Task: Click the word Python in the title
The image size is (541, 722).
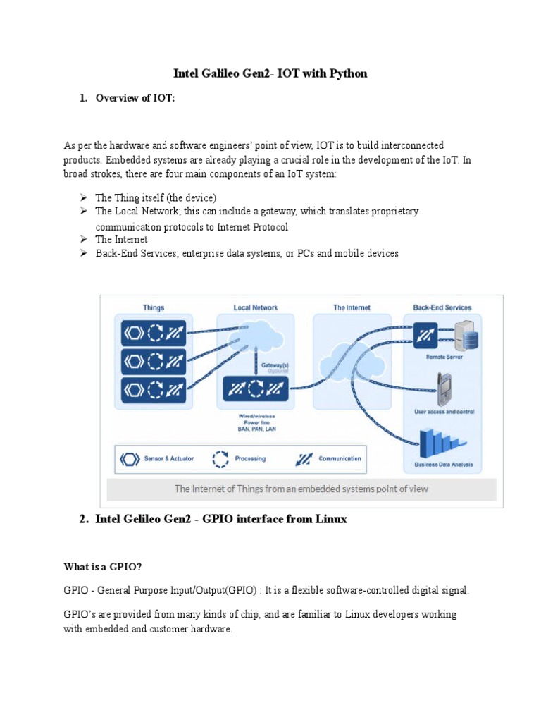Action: (349, 73)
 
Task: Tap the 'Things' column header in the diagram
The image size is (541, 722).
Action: (153, 307)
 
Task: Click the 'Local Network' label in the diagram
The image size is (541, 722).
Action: (256, 307)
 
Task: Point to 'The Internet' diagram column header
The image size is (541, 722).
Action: (352, 307)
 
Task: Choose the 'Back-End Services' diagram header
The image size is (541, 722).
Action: (442, 307)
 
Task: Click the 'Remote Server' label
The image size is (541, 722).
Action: (444, 357)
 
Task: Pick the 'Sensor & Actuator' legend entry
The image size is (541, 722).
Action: (164, 459)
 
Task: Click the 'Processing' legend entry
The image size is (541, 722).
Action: (250, 459)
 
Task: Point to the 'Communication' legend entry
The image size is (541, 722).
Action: (340, 459)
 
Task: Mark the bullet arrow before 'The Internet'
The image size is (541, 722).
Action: (82, 239)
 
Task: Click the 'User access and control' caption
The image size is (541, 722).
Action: (444, 411)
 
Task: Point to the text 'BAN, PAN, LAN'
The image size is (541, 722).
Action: (256, 429)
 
